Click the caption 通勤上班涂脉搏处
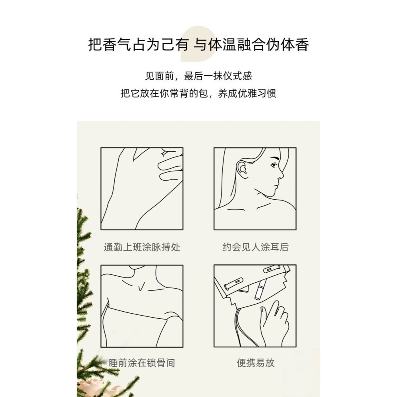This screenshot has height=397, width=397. pyautogui.click(x=142, y=247)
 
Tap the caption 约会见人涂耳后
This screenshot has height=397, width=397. pyautogui.click(x=255, y=247)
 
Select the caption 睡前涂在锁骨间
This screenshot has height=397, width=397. pyautogui.click(x=142, y=363)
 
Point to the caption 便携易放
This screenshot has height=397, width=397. pyautogui.click(x=255, y=363)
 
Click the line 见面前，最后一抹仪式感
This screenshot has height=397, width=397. pyautogui.click(x=198, y=76)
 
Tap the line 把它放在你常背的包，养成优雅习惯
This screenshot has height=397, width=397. pyautogui.click(x=198, y=94)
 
